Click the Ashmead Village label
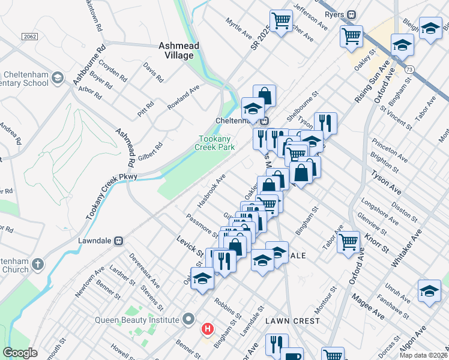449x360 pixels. click(x=176, y=50)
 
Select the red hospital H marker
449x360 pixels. click(x=208, y=329)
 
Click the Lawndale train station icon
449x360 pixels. click(x=119, y=241)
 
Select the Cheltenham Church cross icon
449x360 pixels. click(x=37, y=264)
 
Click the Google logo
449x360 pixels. click(x=20, y=353)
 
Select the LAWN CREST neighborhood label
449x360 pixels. click(x=292, y=321)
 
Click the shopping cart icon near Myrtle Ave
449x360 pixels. click(x=280, y=21)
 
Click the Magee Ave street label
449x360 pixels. click(x=368, y=306)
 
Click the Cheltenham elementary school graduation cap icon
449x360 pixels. click(x=57, y=77)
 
